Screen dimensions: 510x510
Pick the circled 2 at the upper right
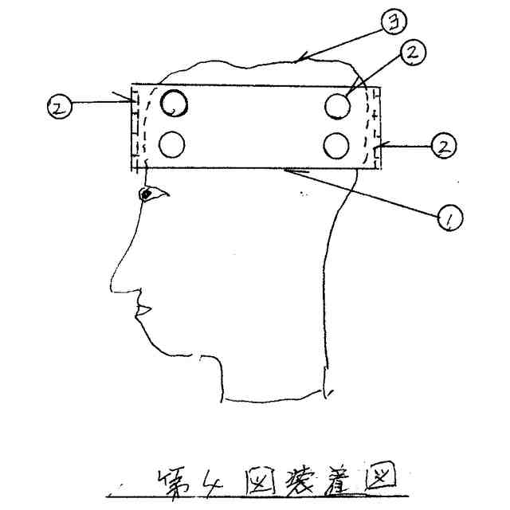tap(411, 53)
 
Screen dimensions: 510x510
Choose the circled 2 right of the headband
tap(444, 147)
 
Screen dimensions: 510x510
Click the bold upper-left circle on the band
tap(174, 102)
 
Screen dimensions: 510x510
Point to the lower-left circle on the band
tap(172, 143)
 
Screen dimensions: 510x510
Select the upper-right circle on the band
tap(338, 105)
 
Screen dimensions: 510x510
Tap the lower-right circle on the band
tap(337, 145)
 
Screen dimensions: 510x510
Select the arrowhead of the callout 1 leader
tap(287, 169)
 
